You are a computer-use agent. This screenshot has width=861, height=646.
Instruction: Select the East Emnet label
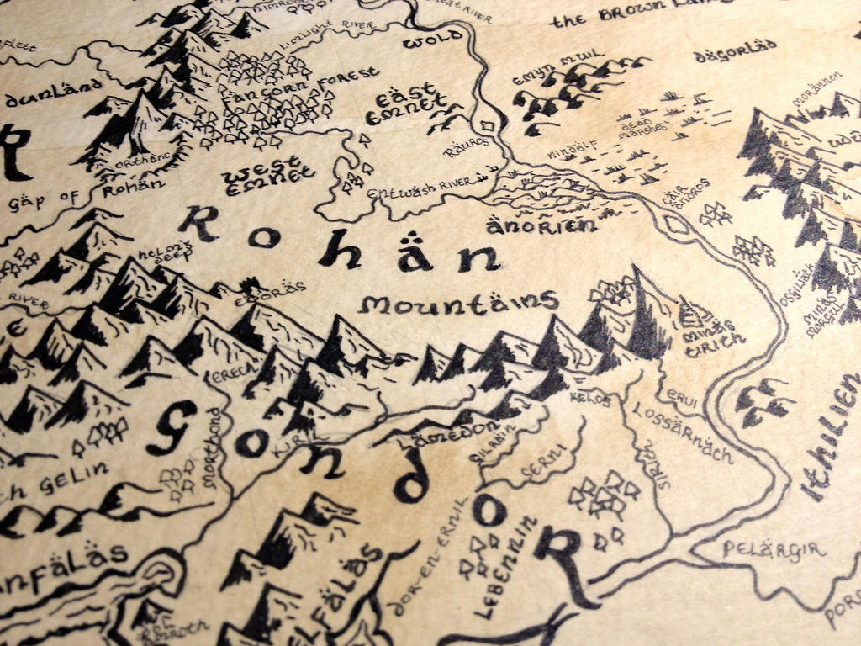click(408, 103)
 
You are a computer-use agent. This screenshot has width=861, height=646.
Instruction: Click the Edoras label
click(278, 289)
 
